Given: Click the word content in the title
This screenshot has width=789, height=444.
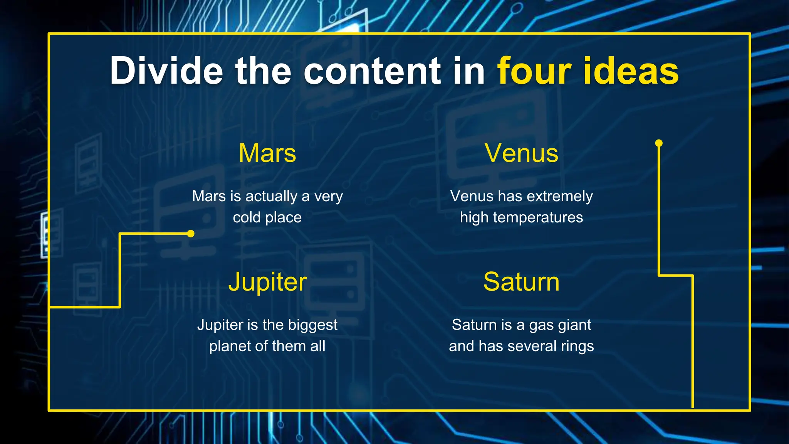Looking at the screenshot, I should [x=372, y=71].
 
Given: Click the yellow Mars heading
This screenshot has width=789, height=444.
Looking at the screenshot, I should [x=267, y=153].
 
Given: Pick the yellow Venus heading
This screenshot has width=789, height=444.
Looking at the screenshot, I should [x=521, y=153].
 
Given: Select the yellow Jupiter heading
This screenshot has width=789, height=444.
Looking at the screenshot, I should [x=267, y=282].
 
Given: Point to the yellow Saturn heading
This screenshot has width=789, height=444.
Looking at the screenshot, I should [x=521, y=282].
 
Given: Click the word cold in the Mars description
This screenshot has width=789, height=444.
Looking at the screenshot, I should [x=247, y=217].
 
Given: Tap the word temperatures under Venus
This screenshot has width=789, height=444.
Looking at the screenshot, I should [x=538, y=217].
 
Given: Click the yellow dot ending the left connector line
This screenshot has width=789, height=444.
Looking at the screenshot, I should [x=191, y=234].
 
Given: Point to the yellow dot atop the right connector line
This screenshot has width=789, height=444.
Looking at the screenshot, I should [x=659, y=143].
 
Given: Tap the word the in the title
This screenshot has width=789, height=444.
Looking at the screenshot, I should [x=263, y=71].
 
